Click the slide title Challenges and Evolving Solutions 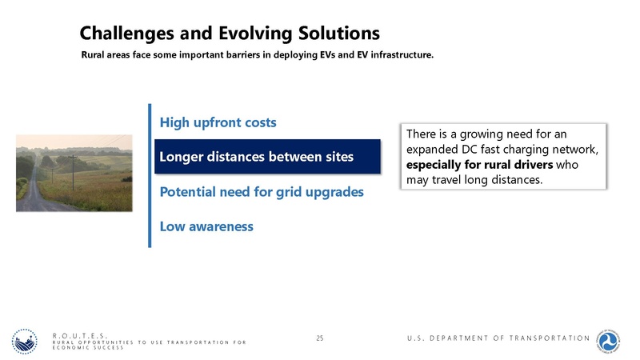[229, 33]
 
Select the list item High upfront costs [218, 122]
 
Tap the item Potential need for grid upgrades [262, 192]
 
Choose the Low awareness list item [206, 226]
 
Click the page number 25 [320, 339]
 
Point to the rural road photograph [74, 173]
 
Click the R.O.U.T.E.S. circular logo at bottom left [26, 341]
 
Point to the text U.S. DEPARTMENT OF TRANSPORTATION [498, 338]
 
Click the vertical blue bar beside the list [149, 175]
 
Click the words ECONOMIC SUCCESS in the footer [88, 348]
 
